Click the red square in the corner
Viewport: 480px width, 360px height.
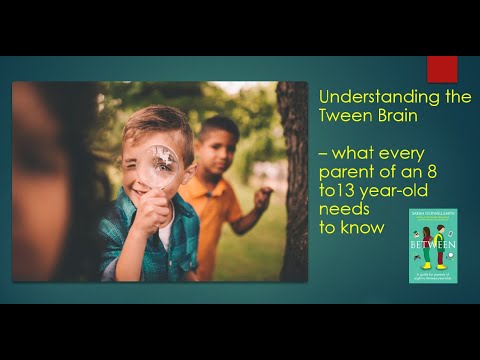(x=441, y=69)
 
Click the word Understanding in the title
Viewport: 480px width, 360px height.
(x=364, y=97)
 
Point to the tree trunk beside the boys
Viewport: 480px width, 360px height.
(x=292, y=180)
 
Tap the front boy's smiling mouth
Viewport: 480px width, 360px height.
(x=143, y=187)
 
